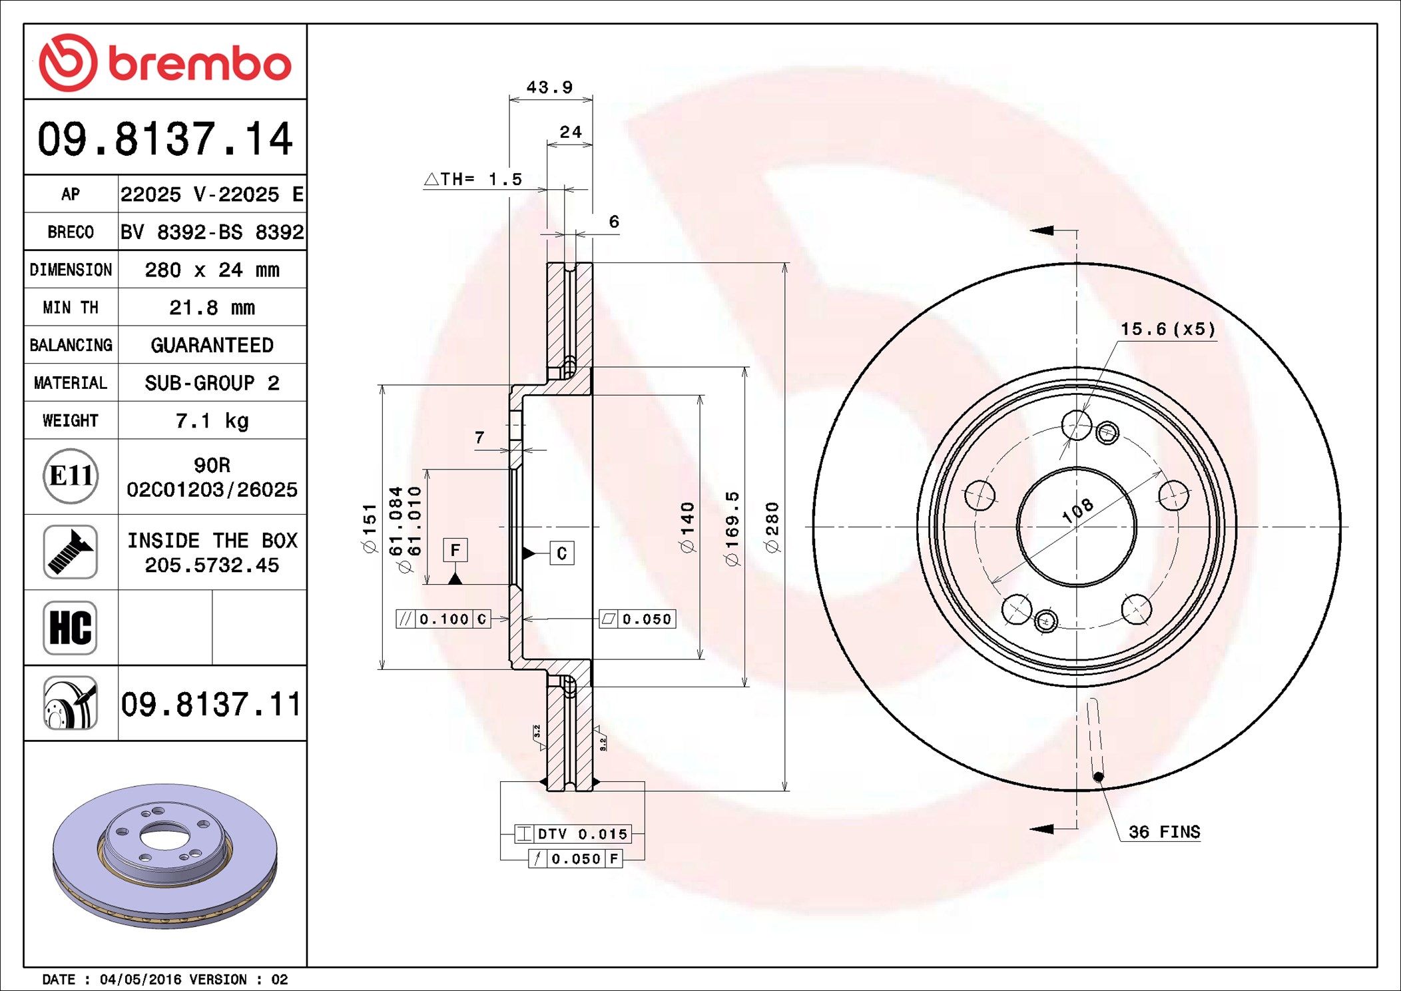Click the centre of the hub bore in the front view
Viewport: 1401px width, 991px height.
point(1077,527)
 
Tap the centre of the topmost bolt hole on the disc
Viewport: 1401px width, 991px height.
point(1077,424)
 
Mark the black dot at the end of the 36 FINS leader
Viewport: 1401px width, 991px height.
point(1099,777)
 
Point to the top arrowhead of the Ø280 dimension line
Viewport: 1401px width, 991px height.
point(785,268)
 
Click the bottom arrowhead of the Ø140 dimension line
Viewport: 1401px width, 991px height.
point(700,654)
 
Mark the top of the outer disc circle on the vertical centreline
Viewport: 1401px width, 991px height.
point(1077,264)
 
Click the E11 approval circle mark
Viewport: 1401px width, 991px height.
point(71,476)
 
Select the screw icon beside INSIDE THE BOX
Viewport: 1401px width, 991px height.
point(71,551)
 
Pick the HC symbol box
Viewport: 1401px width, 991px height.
point(70,627)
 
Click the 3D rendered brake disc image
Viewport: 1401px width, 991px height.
point(165,856)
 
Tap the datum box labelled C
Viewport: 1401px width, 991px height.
point(562,553)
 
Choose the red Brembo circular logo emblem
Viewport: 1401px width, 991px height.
point(68,63)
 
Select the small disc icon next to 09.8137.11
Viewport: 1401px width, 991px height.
point(71,703)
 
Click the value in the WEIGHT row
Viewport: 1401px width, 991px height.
point(212,420)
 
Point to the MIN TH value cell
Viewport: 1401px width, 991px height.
point(212,307)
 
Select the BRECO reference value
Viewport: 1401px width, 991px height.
point(212,232)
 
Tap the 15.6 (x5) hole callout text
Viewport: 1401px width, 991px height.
point(1167,329)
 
